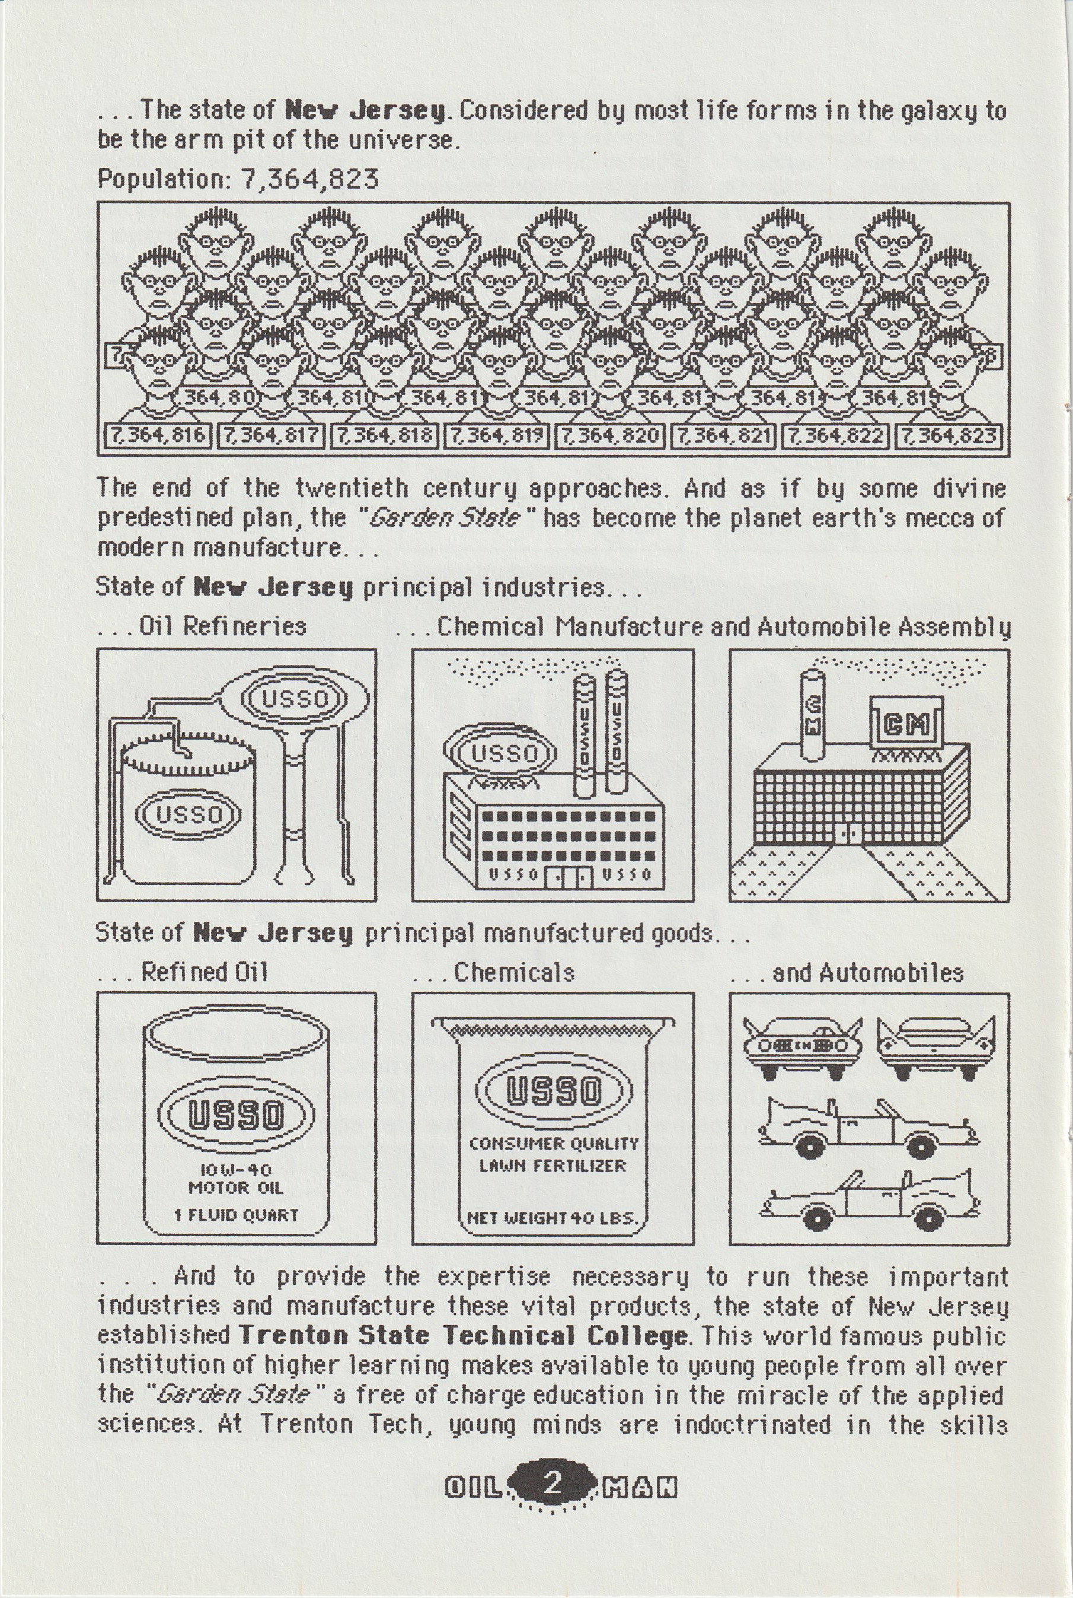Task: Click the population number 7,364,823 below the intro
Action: (x=309, y=179)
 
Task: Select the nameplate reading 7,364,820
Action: (x=610, y=436)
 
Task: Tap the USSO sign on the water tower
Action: (x=296, y=699)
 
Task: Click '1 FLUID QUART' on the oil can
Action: (x=236, y=1215)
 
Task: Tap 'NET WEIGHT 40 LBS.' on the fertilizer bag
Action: (x=553, y=1218)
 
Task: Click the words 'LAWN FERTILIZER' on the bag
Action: (x=553, y=1166)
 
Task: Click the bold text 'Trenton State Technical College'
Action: (x=462, y=1335)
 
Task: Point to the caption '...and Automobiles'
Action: (x=847, y=972)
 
